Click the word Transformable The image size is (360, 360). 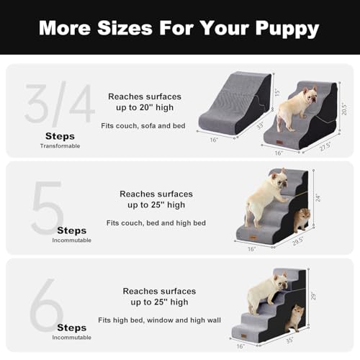coord(60,145)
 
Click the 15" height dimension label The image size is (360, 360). coord(277,92)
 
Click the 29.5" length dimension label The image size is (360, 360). coord(297,244)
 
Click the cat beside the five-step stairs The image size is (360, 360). coord(301,217)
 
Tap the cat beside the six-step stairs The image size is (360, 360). coord(294,318)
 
